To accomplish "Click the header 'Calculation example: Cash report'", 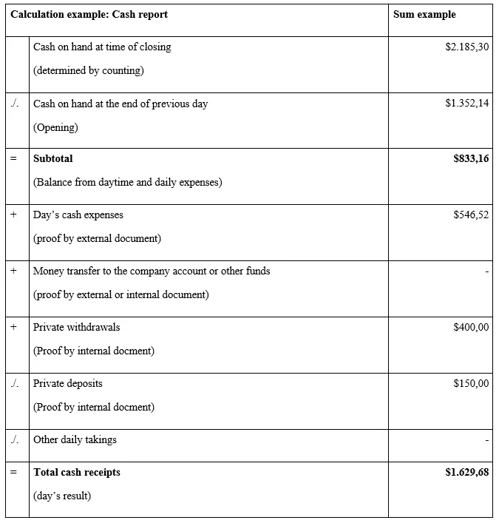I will click(x=89, y=15).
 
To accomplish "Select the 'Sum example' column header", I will click(x=424, y=15).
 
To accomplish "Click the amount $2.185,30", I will click(x=466, y=47).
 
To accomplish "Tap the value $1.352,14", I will click(x=466, y=104).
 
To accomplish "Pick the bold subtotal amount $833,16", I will click(x=471, y=158).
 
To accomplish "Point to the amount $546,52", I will click(x=471, y=215).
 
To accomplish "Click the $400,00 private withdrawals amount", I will click(x=471, y=327).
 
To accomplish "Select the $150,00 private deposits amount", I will click(x=471, y=383).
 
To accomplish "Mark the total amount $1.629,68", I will click(x=466, y=472).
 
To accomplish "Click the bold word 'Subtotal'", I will click(x=53, y=158).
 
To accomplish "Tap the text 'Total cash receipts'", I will click(x=77, y=472).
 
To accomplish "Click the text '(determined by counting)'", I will click(x=89, y=71).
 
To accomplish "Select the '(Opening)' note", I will click(x=55, y=127).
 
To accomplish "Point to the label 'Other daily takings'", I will click(x=75, y=439).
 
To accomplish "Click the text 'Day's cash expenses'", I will click(x=78, y=215).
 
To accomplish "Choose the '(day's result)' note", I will click(x=62, y=496).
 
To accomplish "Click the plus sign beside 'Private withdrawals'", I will click(x=13, y=327).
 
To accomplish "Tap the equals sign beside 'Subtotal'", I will click(x=13, y=158).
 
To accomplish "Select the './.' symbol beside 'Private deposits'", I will click(x=15, y=383).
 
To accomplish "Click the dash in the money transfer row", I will click(x=486, y=271).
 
